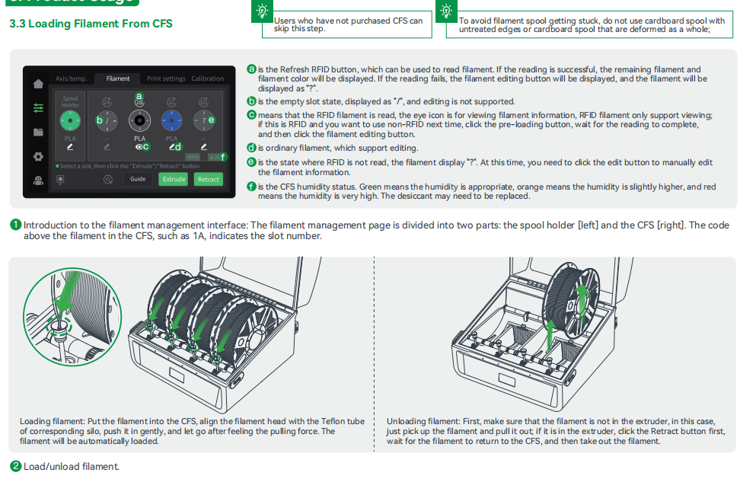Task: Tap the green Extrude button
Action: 174,179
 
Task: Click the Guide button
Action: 138,179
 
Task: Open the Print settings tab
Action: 166,78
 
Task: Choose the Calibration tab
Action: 207,78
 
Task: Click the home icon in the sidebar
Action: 38,84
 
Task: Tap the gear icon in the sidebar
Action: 38,157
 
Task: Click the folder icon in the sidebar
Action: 38,132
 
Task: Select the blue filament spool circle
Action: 172,119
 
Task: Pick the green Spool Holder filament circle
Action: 70,120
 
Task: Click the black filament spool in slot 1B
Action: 139,119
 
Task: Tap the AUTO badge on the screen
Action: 193,157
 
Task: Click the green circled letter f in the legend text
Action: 251,187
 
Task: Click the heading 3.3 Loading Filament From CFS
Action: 91,24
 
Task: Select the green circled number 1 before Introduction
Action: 15,225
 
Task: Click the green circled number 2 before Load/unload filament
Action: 15,466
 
